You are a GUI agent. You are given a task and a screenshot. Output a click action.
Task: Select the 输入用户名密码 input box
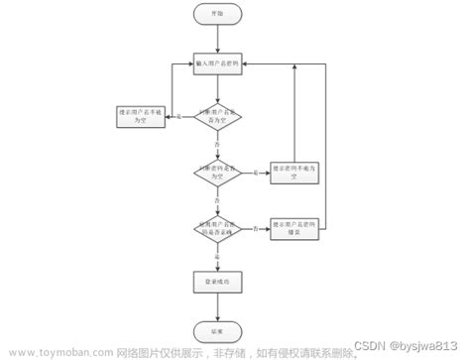coord(217,62)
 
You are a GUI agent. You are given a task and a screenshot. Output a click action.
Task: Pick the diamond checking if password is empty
coord(217,172)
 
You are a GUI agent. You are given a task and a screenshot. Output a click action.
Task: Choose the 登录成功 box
coord(217,283)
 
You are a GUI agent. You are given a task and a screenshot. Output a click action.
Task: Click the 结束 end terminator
coord(217,330)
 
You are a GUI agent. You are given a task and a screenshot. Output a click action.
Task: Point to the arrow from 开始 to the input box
coord(217,38)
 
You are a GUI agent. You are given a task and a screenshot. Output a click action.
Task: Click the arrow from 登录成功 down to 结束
coord(217,306)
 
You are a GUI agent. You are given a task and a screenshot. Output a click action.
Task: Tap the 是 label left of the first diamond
coord(178,118)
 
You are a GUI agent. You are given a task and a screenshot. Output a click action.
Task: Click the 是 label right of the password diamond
coord(257,174)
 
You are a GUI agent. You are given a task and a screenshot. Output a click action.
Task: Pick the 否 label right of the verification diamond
coord(256,230)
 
